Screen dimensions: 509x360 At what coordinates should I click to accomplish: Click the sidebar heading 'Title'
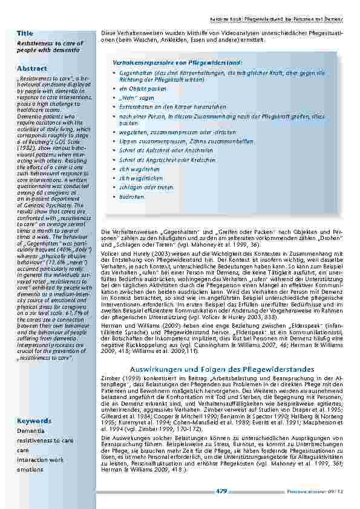click(x=25, y=33)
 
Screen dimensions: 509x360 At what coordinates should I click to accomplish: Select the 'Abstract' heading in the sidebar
click(x=31, y=68)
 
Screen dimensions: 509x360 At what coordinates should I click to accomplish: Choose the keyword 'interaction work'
click(x=40, y=460)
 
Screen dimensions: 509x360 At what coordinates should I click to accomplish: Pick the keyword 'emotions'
click(x=30, y=470)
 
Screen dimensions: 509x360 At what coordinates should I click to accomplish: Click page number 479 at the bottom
click(x=221, y=491)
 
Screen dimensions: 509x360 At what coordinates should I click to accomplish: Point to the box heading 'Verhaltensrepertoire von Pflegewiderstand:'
click(x=177, y=63)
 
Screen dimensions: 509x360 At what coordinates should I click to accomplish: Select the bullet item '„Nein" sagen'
click(x=137, y=97)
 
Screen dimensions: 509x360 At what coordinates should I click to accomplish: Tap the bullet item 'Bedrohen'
click(x=133, y=197)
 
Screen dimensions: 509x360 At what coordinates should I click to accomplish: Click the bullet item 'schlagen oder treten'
click(x=146, y=187)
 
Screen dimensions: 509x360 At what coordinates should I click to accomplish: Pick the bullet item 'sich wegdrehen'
click(x=140, y=169)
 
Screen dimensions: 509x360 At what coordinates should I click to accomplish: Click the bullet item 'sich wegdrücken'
click(x=141, y=178)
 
